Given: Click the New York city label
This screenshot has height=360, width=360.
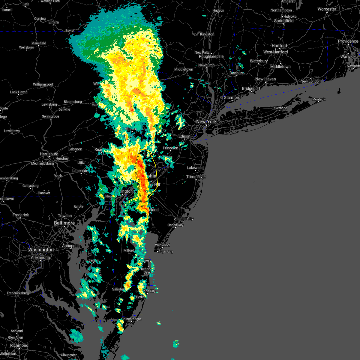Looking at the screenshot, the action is point(206,121).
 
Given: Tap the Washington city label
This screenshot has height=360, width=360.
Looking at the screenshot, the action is point(41,250).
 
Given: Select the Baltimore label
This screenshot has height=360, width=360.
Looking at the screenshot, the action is point(64,223).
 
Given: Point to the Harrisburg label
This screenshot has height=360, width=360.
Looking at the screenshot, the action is point(49,154).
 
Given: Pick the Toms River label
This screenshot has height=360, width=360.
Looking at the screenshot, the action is point(196,177).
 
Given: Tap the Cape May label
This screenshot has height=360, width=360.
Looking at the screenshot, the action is point(166,252).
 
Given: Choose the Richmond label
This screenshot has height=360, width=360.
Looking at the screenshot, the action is point(19,345).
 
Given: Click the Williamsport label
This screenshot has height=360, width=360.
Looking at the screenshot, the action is point(43,84).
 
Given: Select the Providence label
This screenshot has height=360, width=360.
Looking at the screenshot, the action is point(348,41).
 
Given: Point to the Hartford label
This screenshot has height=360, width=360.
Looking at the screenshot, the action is point(279,46).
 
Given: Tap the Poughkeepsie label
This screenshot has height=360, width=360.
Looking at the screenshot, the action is point(211,56).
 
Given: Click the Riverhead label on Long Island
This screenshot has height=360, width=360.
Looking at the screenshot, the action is point(280,108).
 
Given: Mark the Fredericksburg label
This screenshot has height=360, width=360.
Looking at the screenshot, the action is point(18,293).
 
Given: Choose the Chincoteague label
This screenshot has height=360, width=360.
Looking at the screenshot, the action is point(132,319).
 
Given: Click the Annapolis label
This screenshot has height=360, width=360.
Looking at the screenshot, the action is point(71,246).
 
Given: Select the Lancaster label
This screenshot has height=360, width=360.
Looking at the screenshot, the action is point(80,171).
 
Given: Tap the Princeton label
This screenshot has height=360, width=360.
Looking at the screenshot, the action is point(170,148).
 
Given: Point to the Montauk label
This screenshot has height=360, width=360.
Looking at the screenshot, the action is point(319,99).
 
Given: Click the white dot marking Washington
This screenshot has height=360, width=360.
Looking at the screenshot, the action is point(41,253).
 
